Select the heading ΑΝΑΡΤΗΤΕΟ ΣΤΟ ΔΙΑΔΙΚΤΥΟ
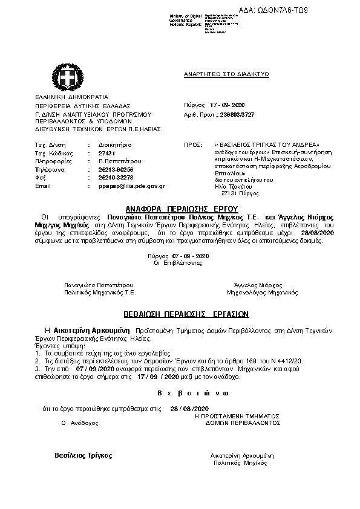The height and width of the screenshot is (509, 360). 226,74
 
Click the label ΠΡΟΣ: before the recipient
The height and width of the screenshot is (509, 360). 192,146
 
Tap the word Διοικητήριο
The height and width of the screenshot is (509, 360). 115,146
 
